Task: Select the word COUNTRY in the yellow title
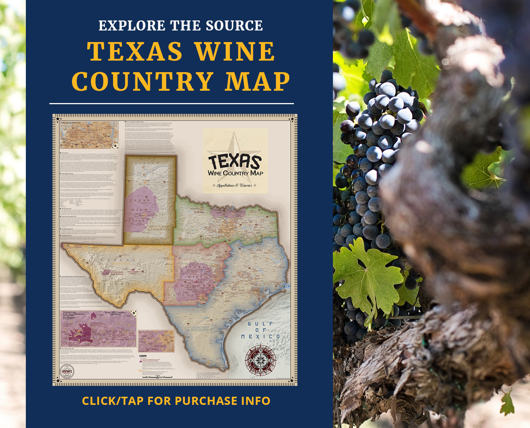pos(143,82)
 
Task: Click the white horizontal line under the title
pos(172,103)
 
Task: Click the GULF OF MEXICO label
pos(261,330)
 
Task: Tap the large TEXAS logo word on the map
pos(235,161)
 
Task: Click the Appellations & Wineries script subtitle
pos(235,186)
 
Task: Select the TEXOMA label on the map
pos(199,212)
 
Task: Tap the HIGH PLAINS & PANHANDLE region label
pos(159,228)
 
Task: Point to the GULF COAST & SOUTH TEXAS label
pos(201,329)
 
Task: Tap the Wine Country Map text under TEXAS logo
pos(235,173)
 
